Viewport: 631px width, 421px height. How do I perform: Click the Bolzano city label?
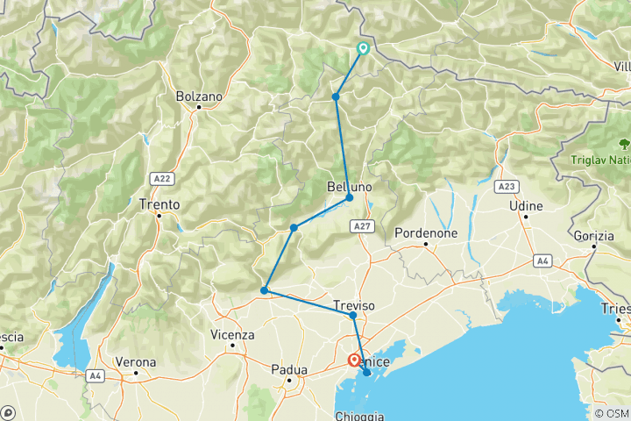tap(199, 96)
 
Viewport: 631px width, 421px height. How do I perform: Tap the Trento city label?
tap(160, 204)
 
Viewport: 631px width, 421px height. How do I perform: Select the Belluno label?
tap(350, 187)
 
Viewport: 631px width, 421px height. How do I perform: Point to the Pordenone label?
tap(426, 233)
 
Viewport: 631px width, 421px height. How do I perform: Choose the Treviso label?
tap(354, 305)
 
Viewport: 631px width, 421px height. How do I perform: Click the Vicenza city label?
tap(232, 335)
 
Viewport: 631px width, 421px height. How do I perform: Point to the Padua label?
tap(288, 369)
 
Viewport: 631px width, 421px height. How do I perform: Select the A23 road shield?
tap(506, 187)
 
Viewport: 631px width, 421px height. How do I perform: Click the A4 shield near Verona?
tap(95, 375)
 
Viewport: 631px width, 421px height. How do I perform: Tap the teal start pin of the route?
tap(362, 49)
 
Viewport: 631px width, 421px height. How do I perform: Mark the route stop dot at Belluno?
tap(349, 197)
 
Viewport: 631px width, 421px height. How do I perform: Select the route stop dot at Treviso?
tap(352, 316)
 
